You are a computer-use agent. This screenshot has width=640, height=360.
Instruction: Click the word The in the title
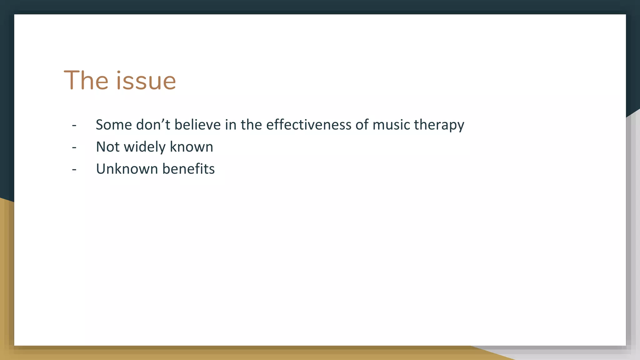point(86,81)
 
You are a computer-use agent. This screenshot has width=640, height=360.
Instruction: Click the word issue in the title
point(146,81)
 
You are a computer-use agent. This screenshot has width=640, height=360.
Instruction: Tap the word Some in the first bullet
point(114,125)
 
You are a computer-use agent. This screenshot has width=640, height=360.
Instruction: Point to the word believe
point(197,125)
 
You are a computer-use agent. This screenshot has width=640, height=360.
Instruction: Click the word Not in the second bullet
point(107,147)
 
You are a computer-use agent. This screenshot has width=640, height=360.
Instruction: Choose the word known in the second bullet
point(191,147)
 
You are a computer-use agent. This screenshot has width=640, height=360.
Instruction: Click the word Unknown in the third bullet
point(127,169)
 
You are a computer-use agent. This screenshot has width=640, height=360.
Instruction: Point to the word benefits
point(188,169)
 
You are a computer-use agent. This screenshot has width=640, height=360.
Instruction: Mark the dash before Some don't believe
point(74,125)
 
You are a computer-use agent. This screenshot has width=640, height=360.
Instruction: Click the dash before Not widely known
point(74,147)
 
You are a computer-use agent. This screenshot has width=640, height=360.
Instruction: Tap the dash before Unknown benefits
point(74,170)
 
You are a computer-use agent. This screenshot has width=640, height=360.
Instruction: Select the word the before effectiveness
point(251,125)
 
